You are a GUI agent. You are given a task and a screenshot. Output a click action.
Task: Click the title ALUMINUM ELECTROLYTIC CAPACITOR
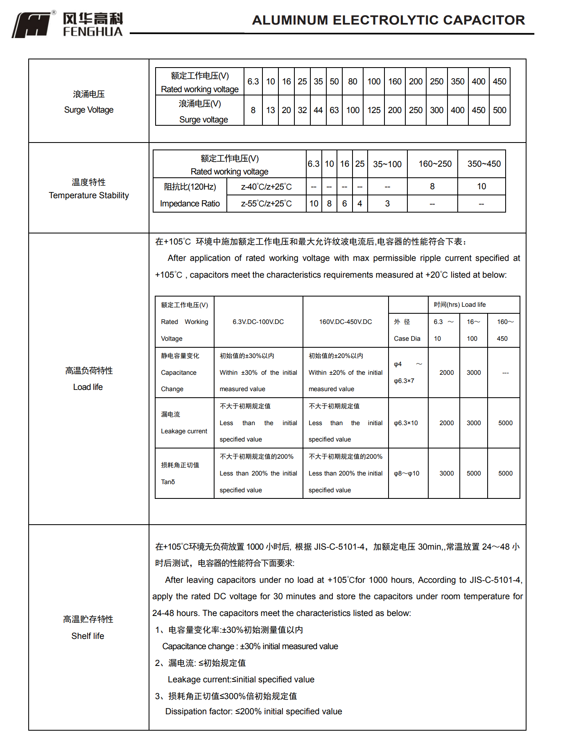[x=388, y=20]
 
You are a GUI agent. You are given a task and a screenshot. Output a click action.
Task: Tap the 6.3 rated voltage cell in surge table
[x=253, y=82]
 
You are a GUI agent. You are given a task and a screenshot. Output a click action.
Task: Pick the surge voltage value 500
[x=499, y=110]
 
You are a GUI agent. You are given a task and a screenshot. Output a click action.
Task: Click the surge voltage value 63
[x=334, y=110]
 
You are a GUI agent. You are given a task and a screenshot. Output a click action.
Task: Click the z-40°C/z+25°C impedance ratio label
[x=267, y=187]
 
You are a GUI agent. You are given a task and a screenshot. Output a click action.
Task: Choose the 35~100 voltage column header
[x=387, y=164]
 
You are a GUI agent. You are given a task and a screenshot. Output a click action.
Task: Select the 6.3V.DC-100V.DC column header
[x=258, y=322]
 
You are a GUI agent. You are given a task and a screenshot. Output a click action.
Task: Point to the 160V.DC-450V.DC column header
[x=346, y=322]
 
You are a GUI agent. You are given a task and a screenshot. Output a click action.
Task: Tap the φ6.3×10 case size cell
[x=406, y=423]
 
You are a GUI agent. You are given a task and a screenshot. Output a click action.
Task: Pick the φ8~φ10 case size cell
[x=407, y=473]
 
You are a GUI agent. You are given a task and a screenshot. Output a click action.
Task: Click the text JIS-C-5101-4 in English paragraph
[x=495, y=580]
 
